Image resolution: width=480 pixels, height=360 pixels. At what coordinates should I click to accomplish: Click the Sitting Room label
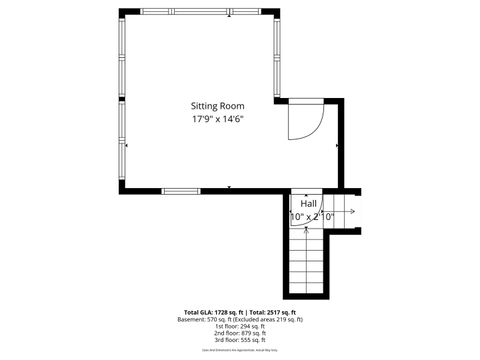pyautogui.click(x=218, y=105)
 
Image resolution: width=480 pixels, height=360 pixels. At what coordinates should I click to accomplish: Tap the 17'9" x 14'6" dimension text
pyautogui.click(x=218, y=119)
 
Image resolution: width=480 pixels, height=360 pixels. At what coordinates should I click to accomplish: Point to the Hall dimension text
pyautogui.click(x=311, y=216)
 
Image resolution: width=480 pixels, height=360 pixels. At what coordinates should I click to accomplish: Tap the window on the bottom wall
pyautogui.click(x=181, y=190)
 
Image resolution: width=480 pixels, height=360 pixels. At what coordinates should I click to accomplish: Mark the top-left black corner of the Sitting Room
pyautogui.click(x=123, y=13)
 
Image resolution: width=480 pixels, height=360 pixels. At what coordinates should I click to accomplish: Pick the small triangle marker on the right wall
pyautogui.click(x=337, y=146)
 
